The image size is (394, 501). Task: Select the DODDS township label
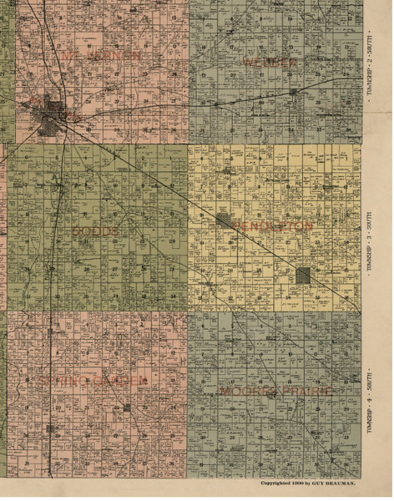[x=96, y=230]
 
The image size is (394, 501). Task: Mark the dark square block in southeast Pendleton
[x=304, y=275]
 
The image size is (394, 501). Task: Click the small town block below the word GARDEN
[x=127, y=407]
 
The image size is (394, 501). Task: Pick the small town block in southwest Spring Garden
[x=52, y=428]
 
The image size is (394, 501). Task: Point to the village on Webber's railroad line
[x=294, y=91]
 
